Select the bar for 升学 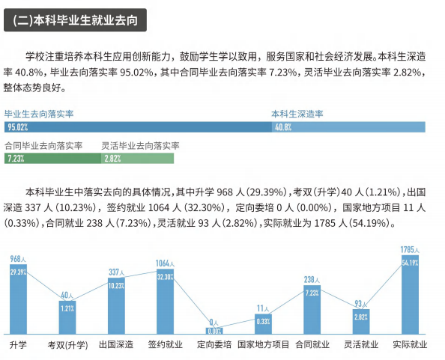(x=18, y=299)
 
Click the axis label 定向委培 (x=214, y=345)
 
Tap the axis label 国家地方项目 (x=263, y=345)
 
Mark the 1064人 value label (x=165, y=263)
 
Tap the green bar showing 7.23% (x=51, y=159)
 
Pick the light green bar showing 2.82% (x=139, y=159)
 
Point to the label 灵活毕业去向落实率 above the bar (x=140, y=144)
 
